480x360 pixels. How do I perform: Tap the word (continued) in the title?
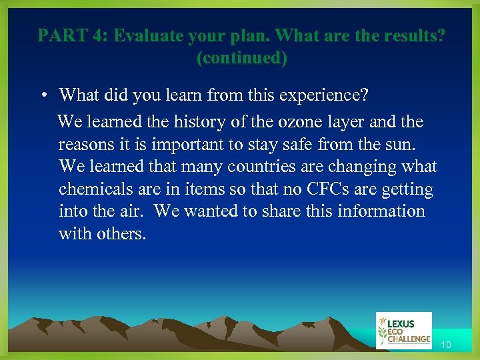242,58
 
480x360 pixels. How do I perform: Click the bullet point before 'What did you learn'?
42,95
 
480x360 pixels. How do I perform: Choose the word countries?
248,167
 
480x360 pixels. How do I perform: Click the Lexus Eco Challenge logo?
404,330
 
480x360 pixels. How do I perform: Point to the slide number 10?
445,345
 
